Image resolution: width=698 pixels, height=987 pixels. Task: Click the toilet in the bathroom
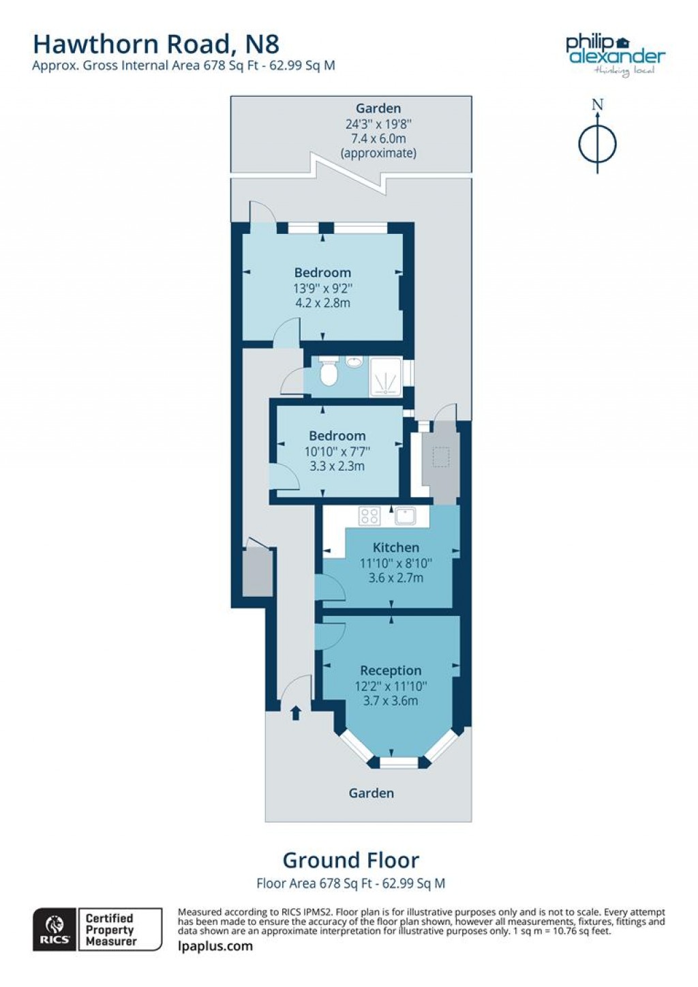329,372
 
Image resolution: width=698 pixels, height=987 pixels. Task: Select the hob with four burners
369,516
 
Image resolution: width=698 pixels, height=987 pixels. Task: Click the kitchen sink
405,516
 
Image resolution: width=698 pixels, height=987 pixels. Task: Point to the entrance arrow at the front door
296,713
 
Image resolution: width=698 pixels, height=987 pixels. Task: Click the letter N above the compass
598,105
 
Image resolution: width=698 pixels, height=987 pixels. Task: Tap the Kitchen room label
396,547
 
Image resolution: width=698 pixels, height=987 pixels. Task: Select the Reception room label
391,671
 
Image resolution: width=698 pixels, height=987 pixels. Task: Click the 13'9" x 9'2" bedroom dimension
322,289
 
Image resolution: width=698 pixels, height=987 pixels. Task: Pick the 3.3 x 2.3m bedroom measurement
337,467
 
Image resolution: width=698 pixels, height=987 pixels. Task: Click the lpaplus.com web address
215,946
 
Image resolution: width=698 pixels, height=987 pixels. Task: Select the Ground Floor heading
351,860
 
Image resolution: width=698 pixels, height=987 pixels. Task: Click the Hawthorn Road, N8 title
156,44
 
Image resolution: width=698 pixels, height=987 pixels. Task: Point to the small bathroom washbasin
353,362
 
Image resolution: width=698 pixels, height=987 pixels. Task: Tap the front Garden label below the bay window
371,793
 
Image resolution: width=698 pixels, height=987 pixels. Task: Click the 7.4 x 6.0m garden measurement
378,138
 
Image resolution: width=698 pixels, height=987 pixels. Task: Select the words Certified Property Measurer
111,930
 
